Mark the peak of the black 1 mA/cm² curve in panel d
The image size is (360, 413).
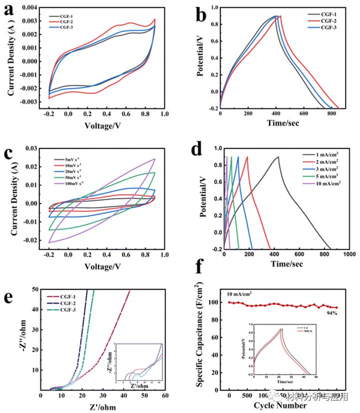pyautogui.click(x=278, y=157)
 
